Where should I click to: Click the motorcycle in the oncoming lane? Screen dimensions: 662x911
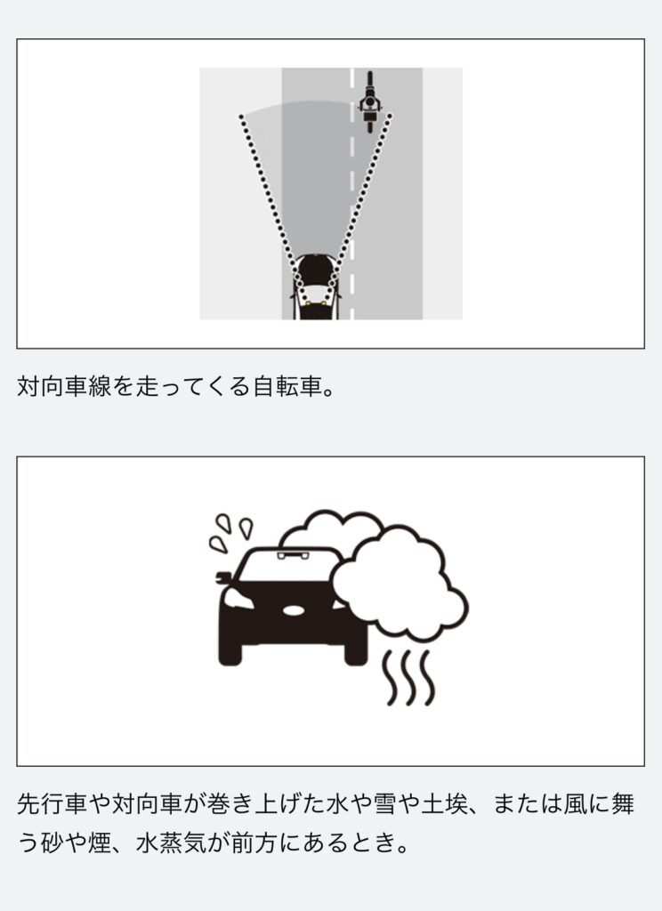coord(369,101)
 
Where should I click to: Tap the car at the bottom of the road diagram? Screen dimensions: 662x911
coord(316,287)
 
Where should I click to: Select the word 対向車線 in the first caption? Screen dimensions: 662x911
coord(64,386)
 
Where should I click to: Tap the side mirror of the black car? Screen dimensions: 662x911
coord(223,578)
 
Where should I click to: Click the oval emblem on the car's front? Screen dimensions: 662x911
coord(294,610)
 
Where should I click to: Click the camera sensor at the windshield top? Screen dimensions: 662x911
coord(293,556)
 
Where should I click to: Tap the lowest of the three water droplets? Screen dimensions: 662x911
coord(218,544)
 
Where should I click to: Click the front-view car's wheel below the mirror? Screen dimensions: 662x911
coord(230,655)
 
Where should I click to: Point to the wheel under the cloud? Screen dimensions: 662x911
coord(356,655)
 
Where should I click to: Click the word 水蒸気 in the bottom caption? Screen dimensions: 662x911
coord(171,842)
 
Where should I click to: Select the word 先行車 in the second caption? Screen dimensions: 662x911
coord(52,804)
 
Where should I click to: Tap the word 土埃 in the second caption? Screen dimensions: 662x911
coord(445,804)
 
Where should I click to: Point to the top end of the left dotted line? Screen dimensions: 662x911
coord(240,117)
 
